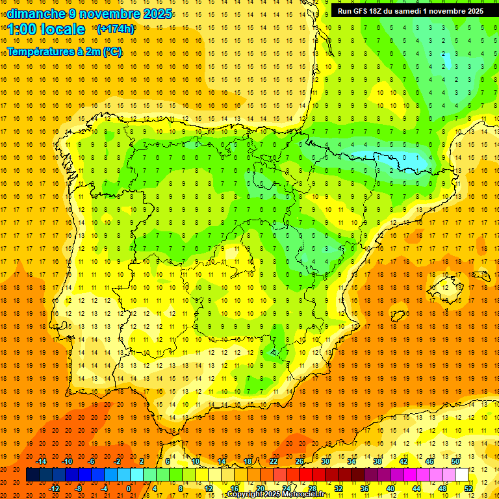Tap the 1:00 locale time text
[x=46, y=29]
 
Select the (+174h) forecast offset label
[x=116, y=29]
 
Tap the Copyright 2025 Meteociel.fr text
[x=275, y=494]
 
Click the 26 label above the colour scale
[x=300, y=461]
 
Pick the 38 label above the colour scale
[x=377, y=461]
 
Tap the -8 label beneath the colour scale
[x=78, y=488]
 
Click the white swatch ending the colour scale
[x=461, y=475]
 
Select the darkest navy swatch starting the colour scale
[x=32, y=475]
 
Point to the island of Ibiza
[x=398, y=316]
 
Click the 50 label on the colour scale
[x=455, y=461]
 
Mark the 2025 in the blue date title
[x=157, y=14]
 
